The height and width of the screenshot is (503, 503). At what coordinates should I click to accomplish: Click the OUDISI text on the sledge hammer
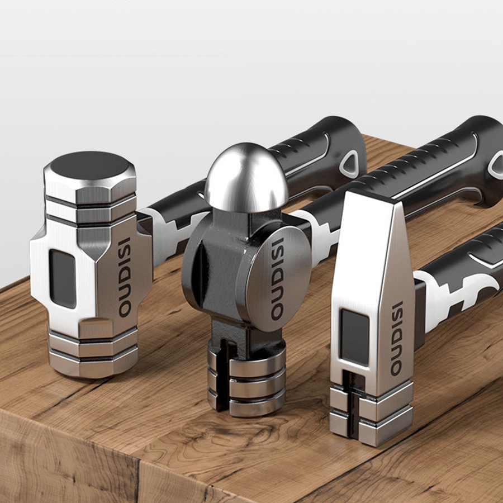tap(125, 277)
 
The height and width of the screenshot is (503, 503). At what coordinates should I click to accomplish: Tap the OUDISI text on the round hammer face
tap(277, 279)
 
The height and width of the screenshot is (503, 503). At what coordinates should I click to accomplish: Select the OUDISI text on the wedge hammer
tap(397, 339)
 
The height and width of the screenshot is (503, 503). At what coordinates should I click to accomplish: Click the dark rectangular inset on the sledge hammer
tap(63, 279)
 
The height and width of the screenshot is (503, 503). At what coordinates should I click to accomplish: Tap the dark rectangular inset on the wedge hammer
tap(354, 337)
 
